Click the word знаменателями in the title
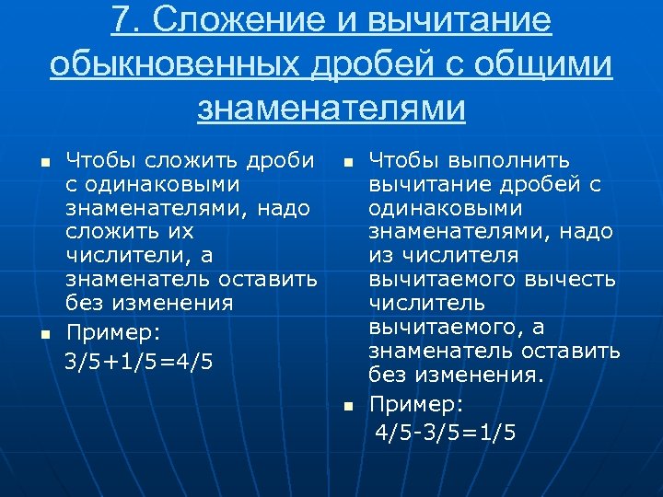[x=331, y=108]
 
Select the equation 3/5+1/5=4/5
[x=139, y=361]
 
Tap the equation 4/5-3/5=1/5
[x=445, y=433]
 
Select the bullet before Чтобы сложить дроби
[x=43, y=162]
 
